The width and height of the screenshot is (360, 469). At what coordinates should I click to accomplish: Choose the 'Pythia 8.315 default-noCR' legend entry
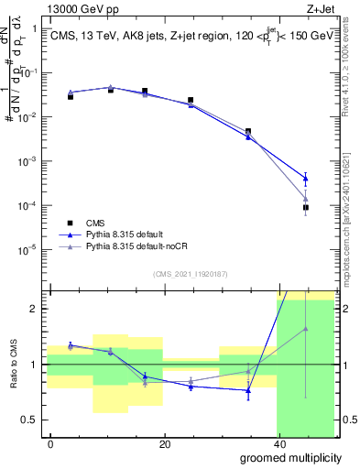pos(128,247)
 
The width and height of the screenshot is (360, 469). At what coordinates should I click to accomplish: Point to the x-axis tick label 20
pos(164,444)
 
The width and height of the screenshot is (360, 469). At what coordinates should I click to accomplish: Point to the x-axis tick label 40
pos(278,444)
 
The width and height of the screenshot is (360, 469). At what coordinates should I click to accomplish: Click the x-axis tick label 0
pos(50,444)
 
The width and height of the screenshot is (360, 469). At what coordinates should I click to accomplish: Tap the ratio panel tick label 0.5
pos(31,420)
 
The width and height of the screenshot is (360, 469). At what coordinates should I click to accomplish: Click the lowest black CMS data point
pos(306,208)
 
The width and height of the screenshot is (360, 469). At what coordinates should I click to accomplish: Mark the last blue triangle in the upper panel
pos(306,179)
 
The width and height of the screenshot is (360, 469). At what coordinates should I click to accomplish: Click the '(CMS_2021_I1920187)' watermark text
pos(190,273)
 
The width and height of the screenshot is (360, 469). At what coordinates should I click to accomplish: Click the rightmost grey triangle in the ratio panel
pos(306,329)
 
